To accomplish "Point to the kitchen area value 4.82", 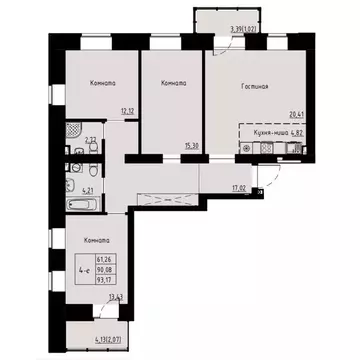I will click(294, 130).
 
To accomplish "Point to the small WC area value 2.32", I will click(90, 142).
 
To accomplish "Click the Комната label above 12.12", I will click(100, 83).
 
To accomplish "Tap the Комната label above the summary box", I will click(97, 240).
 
